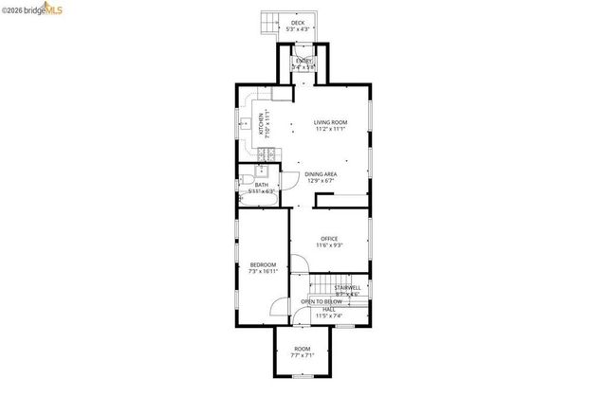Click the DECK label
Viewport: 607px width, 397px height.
click(x=298, y=23)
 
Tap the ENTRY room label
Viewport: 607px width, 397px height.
click(x=303, y=62)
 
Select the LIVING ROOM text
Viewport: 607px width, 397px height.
click(x=331, y=121)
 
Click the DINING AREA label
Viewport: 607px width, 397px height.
click(x=321, y=174)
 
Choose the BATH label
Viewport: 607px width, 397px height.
click(x=261, y=185)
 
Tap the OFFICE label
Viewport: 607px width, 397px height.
click(x=329, y=238)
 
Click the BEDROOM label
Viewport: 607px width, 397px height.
click(x=263, y=264)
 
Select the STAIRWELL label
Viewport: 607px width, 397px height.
click(x=347, y=287)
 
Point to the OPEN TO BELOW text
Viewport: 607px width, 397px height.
click(x=321, y=301)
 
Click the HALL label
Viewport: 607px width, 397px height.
click(x=329, y=309)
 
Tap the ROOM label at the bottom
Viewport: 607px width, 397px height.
click(x=302, y=349)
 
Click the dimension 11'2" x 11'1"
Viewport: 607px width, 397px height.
click(x=331, y=128)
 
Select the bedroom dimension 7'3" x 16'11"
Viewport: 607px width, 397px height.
click(x=263, y=271)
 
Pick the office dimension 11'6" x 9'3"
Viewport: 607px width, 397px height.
click(x=329, y=244)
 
